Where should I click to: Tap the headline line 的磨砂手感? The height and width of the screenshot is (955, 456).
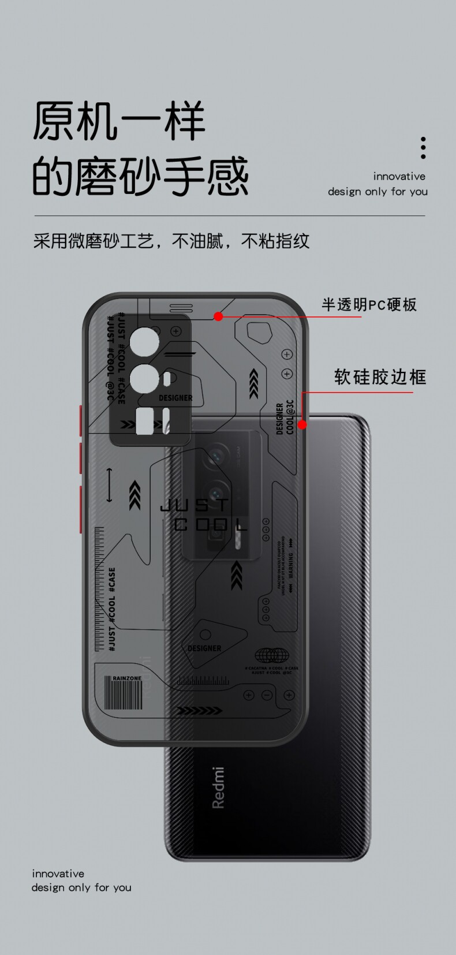[x=140, y=176]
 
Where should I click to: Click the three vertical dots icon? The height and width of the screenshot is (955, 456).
[x=423, y=148]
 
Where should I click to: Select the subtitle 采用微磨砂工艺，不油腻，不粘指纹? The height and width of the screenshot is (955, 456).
[x=171, y=241]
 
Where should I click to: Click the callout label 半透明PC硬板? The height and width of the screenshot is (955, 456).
[x=369, y=304]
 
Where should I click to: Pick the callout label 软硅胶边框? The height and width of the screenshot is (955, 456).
[x=380, y=377]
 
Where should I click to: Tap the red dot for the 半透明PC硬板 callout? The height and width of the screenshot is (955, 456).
[x=218, y=316]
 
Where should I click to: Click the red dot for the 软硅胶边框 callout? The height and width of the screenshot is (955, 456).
[x=302, y=424]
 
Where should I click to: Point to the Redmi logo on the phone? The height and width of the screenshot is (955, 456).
[x=218, y=788]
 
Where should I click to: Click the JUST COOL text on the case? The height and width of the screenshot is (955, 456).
[x=202, y=515]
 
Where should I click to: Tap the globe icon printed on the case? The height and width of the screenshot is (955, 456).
[x=271, y=655]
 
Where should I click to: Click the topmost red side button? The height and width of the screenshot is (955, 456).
[x=80, y=420]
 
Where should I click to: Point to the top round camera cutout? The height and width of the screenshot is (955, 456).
[x=144, y=342]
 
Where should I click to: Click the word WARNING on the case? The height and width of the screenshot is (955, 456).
[x=291, y=568]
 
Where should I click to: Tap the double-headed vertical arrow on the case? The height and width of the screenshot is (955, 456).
[x=110, y=485]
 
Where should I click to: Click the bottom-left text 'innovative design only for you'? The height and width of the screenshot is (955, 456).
[x=81, y=881]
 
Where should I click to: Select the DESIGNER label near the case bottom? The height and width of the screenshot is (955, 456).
[x=204, y=648]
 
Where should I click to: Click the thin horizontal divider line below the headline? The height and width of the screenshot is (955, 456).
[x=229, y=216]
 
